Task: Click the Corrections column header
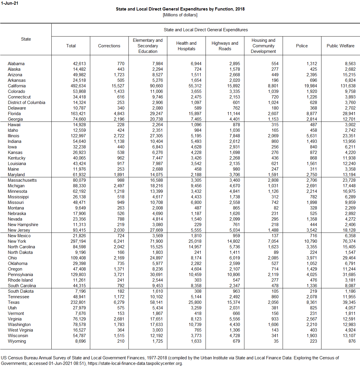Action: [x=109, y=46]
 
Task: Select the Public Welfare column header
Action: [x=340, y=46]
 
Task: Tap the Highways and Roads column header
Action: [x=225, y=46]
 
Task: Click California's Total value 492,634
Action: [x=78, y=86]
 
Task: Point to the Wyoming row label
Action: [x=17, y=341]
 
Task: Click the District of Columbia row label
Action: [x=27, y=103]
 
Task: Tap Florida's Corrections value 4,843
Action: [x=119, y=114]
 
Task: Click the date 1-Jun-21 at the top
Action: [x=10, y=3]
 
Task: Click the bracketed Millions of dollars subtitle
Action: [x=180, y=15]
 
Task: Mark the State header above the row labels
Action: [x=26, y=39]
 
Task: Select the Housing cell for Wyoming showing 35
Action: [x=276, y=341]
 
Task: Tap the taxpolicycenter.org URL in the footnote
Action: [x=135, y=363]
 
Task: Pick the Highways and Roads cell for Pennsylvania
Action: [x=233, y=275]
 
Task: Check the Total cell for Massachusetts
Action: [x=79, y=180]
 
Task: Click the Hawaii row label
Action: [x=14, y=125]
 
